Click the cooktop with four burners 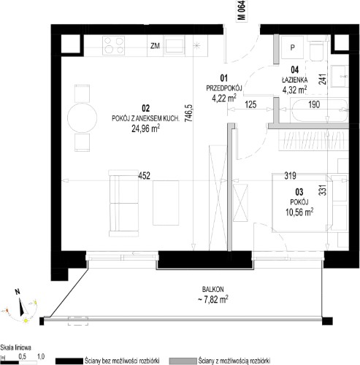point(113,45)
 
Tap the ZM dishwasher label point(155,46)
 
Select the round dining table point(82,118)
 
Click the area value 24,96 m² point(145,128)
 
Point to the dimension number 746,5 point(188,113)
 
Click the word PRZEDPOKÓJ point(224,88)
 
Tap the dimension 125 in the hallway point(250,104)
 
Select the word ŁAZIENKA point(294,80)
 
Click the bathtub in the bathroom point(319,110)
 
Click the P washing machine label point(293,47)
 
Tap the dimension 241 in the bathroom point(323,79)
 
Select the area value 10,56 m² point(299,212)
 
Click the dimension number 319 point(290,175)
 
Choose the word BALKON point(212,289)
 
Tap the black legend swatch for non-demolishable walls point(69,361)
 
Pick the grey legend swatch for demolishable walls point(183,361)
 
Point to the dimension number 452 point(144,175)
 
